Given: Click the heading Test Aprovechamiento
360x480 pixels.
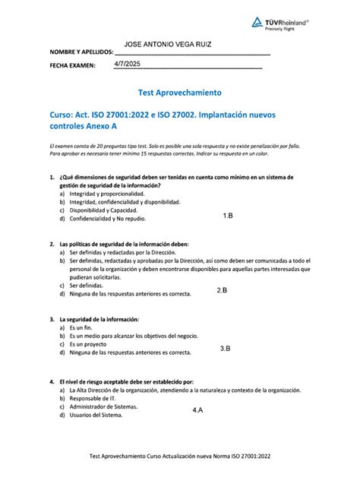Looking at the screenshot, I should tap(180, 93).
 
